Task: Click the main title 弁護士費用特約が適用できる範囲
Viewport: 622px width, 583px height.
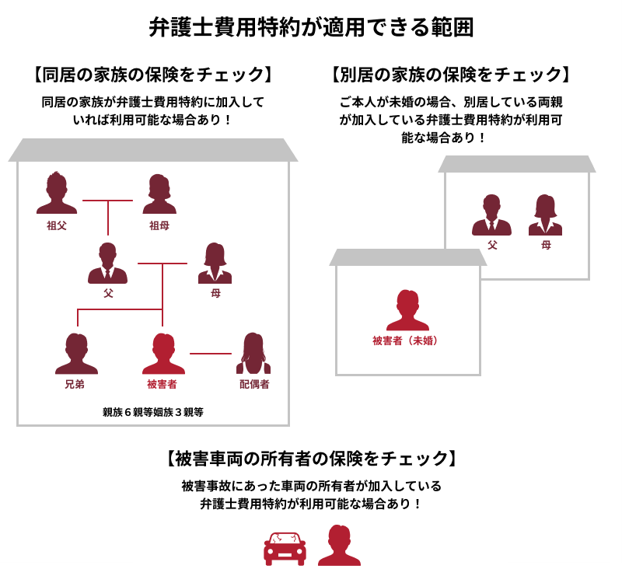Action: click(311, 27)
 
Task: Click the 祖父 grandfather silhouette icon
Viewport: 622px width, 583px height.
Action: click(57, 193)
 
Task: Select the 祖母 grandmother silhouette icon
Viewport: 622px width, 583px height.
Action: click(159, 194)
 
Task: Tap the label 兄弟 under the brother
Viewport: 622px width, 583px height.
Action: click(75, 384)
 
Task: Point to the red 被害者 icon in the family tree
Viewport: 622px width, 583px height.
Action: click(163, 354)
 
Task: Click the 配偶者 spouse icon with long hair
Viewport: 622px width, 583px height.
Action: click(253, 354)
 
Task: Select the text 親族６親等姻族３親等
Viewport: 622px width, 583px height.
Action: click(153, 412)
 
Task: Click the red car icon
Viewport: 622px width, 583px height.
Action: click(285, 548)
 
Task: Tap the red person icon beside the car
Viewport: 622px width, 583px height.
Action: click(339, 546)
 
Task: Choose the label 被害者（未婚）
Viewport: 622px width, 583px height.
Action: click(406, 340)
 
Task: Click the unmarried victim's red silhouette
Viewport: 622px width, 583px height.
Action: click(407, 310)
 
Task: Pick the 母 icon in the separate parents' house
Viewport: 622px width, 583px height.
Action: click(546, 215)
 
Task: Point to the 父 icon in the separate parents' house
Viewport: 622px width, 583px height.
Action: click(491, 215)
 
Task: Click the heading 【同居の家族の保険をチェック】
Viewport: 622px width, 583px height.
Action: click(152, 74)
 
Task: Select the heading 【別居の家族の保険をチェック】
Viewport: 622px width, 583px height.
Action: click(451, 74)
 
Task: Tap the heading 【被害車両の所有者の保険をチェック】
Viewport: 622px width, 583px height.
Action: click(311, 458)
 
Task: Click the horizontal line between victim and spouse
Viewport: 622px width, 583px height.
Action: click(211, 354)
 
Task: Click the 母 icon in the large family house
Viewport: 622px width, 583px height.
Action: click(215, 263)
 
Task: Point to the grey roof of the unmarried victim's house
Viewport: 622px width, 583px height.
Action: click(407, 257)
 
